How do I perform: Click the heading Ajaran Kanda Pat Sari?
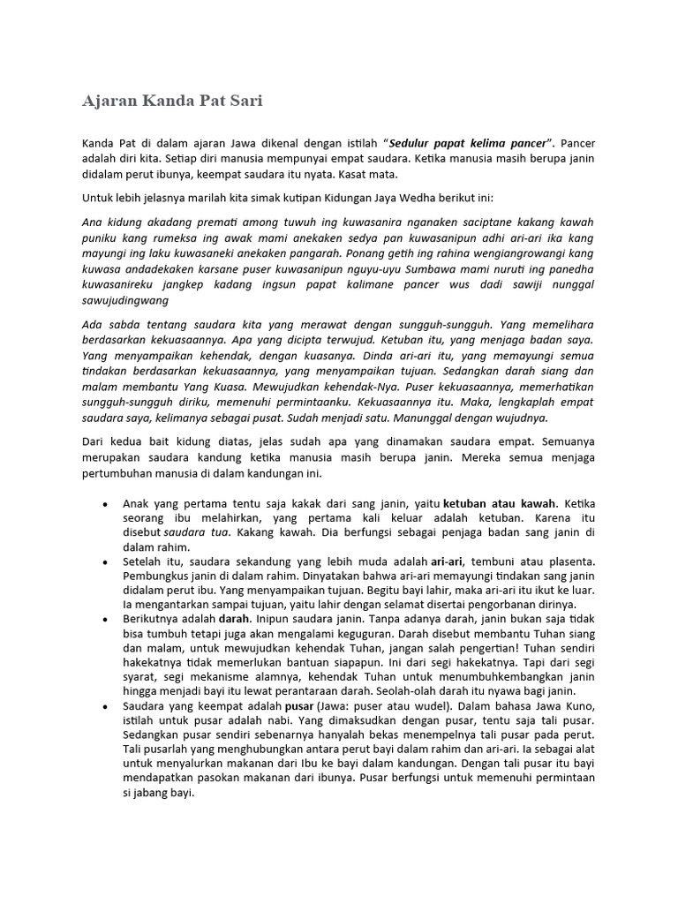pos(172,101)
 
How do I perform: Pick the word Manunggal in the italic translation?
pos(410,418)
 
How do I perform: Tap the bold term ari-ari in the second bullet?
pos(448,561)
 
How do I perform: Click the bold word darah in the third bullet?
pos(236,619)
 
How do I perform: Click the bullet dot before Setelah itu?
pos(105,562)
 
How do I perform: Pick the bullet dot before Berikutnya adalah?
pos(105,620)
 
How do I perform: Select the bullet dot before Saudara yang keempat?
pos(105,706)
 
